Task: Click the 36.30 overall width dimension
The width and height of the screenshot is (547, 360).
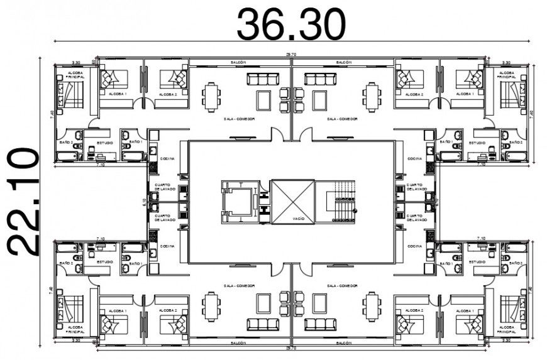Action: coord(290,24)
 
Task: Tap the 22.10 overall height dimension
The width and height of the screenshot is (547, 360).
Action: coord(23,200)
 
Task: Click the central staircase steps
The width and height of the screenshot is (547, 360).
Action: coord(342,201)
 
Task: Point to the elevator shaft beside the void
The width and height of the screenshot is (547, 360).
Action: coord(238,201)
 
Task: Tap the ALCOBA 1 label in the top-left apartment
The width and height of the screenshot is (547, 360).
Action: coord(117,94)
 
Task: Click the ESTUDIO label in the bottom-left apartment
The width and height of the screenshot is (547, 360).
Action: coord(104,261)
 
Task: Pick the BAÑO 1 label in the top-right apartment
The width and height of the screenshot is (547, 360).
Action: coord(446,143)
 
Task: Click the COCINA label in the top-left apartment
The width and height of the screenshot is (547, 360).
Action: coord(167,159)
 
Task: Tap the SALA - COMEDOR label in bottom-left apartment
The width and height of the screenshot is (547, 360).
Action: coord(238,285)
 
